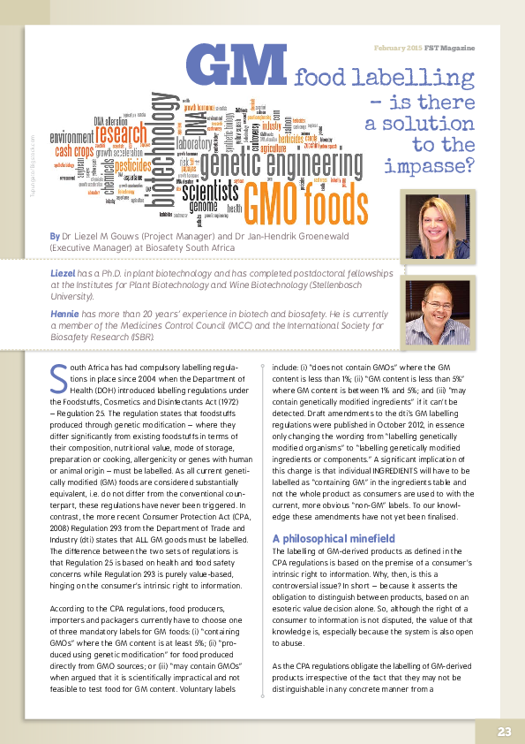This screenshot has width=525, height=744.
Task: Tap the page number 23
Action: pos(504,731)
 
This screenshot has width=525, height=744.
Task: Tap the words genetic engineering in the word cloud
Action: pos(282,163)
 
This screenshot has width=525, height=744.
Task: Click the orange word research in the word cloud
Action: pos(123,134)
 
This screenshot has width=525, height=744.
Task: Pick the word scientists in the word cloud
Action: pos(208,192)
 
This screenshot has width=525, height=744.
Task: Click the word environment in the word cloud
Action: pos(71,138)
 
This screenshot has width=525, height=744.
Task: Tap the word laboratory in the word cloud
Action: pos(195,143)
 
